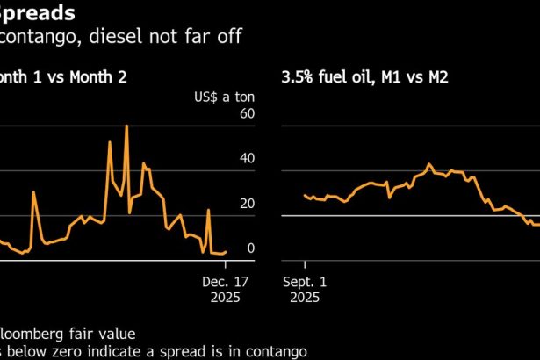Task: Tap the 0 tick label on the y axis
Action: pyautogui.click(x=250, y=248)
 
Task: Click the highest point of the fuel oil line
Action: pyautogui.click(x=429, y=163)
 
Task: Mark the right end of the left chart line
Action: pyautogui.click(x=226, y=252)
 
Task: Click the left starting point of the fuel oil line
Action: pyautogui.click(x=304, y=196)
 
